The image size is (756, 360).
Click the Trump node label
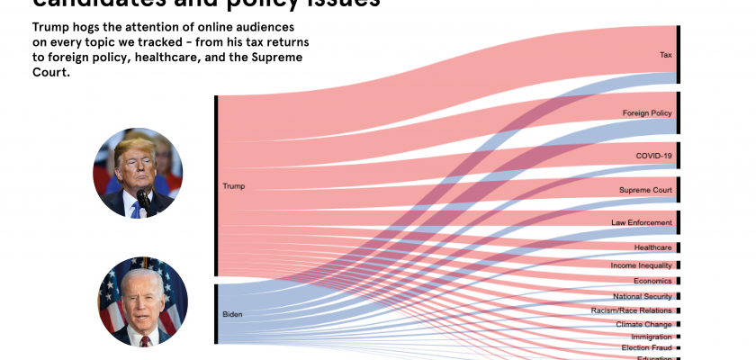click(233, 186)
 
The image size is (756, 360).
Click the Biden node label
click(232, 315)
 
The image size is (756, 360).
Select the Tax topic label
click(666, 55)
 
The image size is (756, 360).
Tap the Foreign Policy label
click(647, 113)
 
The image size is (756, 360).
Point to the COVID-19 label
click(654, 156)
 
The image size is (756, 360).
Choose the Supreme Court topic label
click(645, 190)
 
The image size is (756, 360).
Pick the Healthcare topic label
click(652, 247)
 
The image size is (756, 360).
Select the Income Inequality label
click(641, 265)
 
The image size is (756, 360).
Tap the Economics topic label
click(652, 281)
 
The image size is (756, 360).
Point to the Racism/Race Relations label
click(632, 310)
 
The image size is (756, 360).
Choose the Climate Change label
click(644, 324)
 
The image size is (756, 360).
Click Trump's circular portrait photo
click(138, 172)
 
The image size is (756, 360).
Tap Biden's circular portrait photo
click(142, 302)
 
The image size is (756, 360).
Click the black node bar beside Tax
click(679, 55)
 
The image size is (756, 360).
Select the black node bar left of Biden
click(216, 314)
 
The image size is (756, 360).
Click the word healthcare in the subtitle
click(213, 58)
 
